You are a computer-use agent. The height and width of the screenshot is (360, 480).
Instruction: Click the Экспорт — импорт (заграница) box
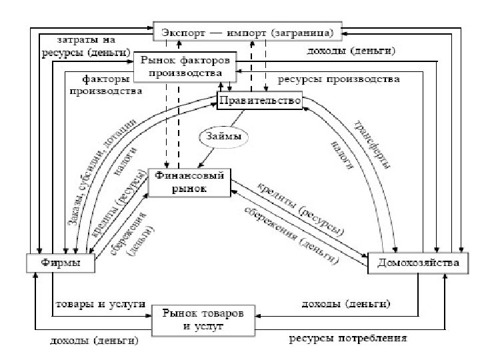pyautogui.click(x=248, y=31)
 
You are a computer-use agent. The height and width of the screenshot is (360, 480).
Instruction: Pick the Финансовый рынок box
pyautogui.click(x=189, y=182)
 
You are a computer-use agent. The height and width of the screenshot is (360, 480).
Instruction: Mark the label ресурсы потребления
pyautogui.click(x=347, y=339)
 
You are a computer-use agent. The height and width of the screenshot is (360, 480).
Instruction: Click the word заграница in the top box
pyautogui.click(x=309, y=31)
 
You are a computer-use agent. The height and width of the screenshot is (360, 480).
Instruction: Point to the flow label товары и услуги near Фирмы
pyautogui.click(x=99, y=304)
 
